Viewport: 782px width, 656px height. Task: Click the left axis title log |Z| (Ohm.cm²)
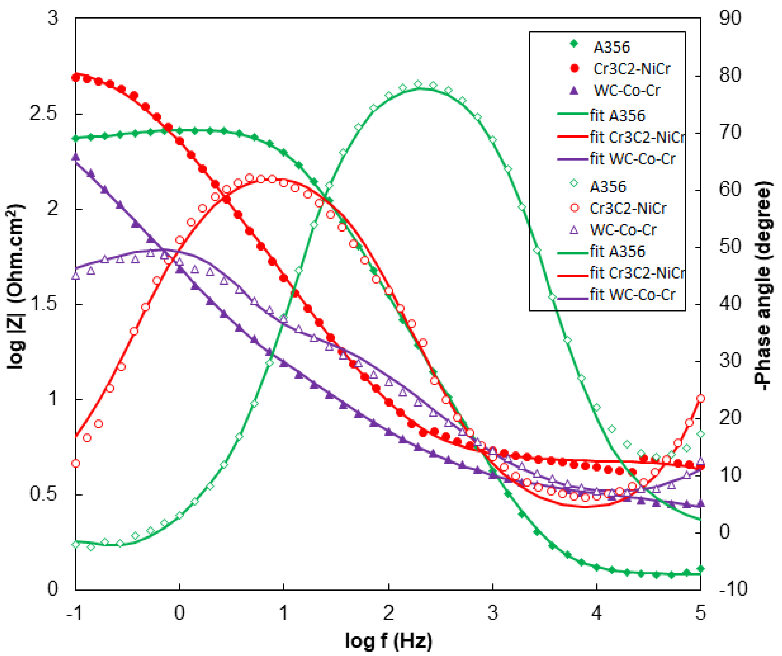pos(15,287)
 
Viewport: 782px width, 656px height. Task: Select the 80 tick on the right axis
pos(730,75)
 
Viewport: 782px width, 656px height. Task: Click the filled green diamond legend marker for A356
pos(574,44)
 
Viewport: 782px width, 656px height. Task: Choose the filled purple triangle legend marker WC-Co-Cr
pos(574,90)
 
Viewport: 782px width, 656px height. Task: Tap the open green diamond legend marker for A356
pos(574,183)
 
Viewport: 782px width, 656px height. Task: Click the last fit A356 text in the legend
pos(617,251)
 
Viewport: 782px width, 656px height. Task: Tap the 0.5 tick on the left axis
pos(44,494)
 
